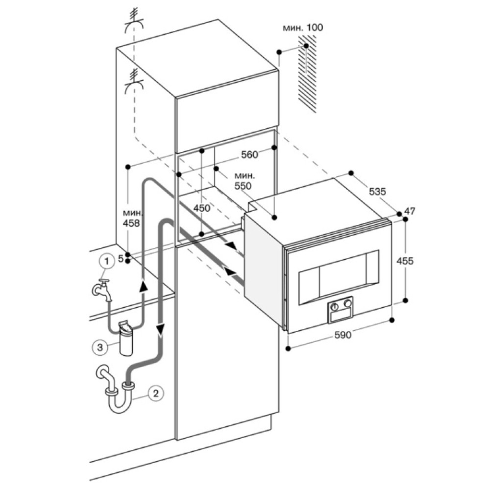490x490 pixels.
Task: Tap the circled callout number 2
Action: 155,392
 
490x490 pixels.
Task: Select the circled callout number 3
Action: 99,347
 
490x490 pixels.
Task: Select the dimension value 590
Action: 342,335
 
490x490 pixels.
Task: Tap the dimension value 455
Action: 405,261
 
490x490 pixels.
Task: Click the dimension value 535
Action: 378,192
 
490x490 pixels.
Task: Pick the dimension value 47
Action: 410,211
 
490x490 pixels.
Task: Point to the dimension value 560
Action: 249,155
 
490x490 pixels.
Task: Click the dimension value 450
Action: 201,208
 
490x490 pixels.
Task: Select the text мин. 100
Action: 303,27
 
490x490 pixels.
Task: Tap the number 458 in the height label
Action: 132,223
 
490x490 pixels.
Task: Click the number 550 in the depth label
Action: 243,186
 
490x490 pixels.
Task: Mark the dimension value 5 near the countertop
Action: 121,259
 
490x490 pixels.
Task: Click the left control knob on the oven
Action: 335,305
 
